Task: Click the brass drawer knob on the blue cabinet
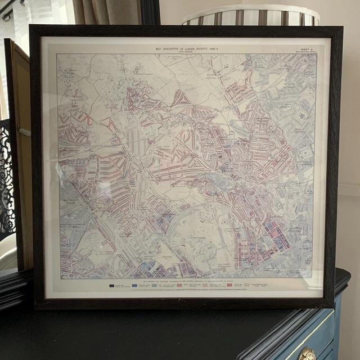point(307,354)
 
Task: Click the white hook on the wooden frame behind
point(24,132)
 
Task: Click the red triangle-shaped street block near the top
point(181,98)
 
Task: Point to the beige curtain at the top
point(107,11)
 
